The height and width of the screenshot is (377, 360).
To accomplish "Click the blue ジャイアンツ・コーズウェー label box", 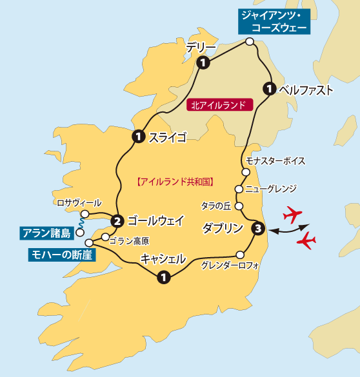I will pyautogui.click(x=273, y=21).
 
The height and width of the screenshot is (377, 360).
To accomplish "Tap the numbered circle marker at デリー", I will pyautogui.click(x=203, y=63).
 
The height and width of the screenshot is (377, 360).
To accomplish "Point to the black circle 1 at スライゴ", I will pyautogui.click(x=138, y=136).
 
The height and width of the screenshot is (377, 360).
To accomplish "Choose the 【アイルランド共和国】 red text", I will pyautogui.click(x=175, y=181).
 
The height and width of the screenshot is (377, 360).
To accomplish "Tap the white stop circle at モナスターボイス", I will pyautogui.click(x=245, y=173).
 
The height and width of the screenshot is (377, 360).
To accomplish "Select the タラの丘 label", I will pyautogui.click(x=216, y=206).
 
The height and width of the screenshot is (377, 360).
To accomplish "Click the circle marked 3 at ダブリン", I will pyautogui.click(x=258, y=228).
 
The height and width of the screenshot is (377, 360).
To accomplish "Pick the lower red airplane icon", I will pyautogui.click(x=306, y=241).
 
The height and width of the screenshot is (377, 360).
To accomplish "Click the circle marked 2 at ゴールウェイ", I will pyautogui.click(x=117, y=221).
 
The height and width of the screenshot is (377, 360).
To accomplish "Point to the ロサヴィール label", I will pyautogui.click(x=75, y=202).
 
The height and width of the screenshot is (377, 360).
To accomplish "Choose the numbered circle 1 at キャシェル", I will pyautogui.click(x=163, y=278).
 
